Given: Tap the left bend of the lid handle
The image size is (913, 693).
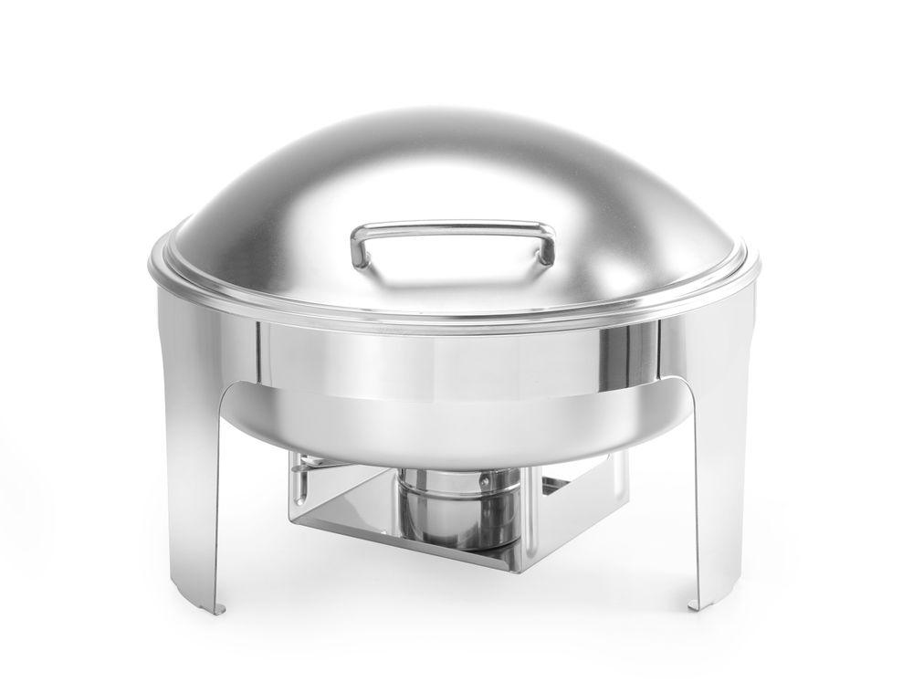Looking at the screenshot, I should pyautogui.click(x=359, y=239).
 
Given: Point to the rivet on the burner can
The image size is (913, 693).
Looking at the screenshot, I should pyautogui.click(x=485, y=478).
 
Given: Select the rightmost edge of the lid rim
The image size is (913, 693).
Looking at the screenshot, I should pyautogui.click(x=759, y=265).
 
